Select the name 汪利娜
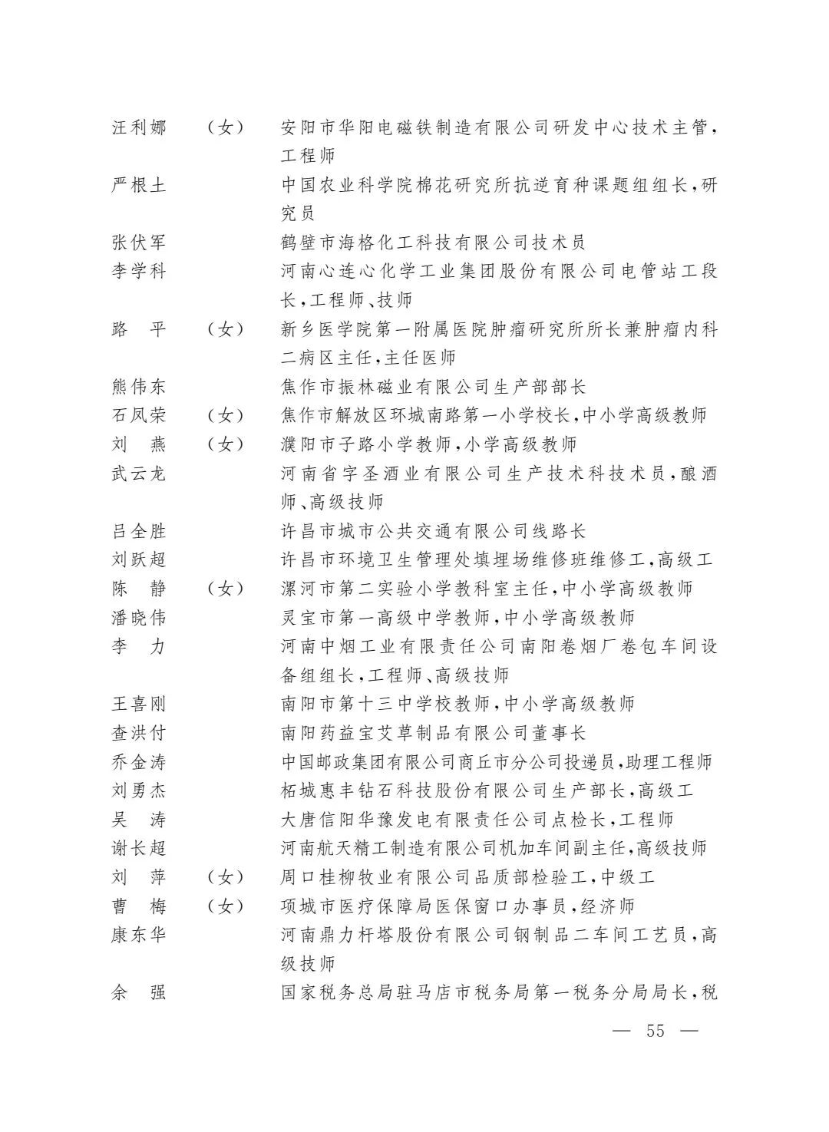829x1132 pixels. [x=138, y=127]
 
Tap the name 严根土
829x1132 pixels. [x=138, y=185]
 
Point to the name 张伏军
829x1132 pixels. [x=138, y=243]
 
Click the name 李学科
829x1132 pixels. [x=138, y=271]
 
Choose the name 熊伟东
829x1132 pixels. [x=138, y=387]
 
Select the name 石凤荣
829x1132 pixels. [x=138, y=415]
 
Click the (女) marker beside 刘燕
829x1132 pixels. [x=225, y=444]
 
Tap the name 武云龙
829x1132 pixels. [x=138, y=474]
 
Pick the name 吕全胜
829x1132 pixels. [x=138, y=531]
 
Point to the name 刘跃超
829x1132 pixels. [x=138, y=559]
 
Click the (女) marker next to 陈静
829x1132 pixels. [x=225, y=589]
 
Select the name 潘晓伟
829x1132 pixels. [x=138, y=618]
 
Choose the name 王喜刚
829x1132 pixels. [x=138, y=704]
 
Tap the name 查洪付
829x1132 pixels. [x=138, y=733]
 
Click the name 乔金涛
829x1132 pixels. [x=138, y=762]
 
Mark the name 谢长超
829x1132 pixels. [x=138, y=848]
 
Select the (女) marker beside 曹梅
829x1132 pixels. [x=225, y=906]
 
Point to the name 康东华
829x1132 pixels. [x=138, y=935]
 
